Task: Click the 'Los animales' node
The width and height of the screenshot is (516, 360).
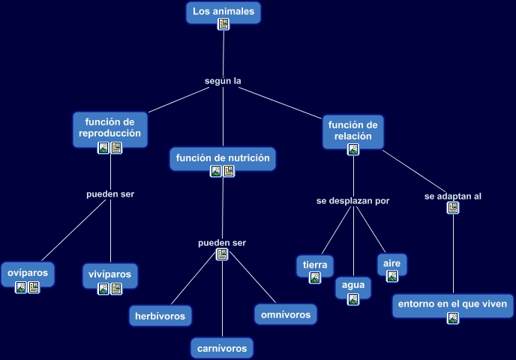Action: (223, 11)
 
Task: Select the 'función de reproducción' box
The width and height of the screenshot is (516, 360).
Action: (109, 126)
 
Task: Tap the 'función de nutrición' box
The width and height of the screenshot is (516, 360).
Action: (222, 157)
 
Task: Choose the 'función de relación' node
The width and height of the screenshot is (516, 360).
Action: (352, 130)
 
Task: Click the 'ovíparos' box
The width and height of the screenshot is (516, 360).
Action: (27, 273)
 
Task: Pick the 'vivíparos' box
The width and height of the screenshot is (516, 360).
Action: (109, 274)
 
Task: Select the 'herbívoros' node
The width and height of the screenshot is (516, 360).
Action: (160, 316)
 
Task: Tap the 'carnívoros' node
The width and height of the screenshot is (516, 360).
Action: (222, 348)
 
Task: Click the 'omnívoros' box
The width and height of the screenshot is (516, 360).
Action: (285, 315)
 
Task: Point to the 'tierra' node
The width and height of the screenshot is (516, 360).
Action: (315, 265)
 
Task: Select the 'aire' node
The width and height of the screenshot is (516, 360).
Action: (391, 263)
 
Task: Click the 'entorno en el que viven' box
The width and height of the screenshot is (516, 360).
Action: (453, 304)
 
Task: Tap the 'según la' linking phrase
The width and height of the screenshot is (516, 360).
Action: (223, 80)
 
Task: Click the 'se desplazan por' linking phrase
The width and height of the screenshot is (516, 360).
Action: (352, 200)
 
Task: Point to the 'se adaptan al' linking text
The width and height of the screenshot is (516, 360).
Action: (452, 196)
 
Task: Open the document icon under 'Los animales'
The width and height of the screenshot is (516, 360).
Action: (223, 24)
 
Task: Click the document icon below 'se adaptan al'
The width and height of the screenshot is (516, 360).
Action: (452, 208)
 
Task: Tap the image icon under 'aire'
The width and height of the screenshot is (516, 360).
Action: (391, 276)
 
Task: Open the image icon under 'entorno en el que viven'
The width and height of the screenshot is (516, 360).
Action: (453, 318)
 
